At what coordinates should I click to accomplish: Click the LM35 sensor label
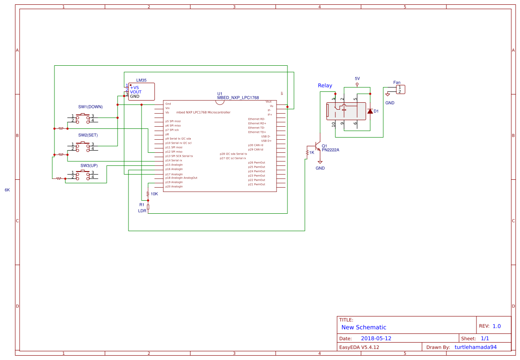point(141,81)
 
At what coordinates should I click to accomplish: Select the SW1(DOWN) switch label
point(91,107)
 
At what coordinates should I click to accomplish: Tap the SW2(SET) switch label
point(88,135)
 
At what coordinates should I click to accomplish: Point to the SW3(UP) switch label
point(89,166)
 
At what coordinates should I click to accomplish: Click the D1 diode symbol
point(370,111)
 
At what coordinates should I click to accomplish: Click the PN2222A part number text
point(330,150)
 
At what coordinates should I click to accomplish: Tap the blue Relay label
point(325,86)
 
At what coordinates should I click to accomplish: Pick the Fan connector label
point(397,82)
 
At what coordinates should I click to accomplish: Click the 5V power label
point(357,78)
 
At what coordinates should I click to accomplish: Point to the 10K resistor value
point(154,194)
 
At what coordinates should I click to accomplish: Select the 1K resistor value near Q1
point(311,153)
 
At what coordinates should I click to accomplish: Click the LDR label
point(142,211)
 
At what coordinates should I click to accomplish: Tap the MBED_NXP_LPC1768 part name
point(238,98)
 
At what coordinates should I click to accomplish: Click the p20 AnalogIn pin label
point(174,186)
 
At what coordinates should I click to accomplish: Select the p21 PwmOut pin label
point(257,184)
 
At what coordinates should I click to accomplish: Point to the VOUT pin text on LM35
point(135,92)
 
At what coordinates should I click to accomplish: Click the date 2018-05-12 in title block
point(376,338)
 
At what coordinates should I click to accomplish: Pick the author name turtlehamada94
point(476,347)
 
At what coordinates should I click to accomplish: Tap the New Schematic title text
point(364,327)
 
